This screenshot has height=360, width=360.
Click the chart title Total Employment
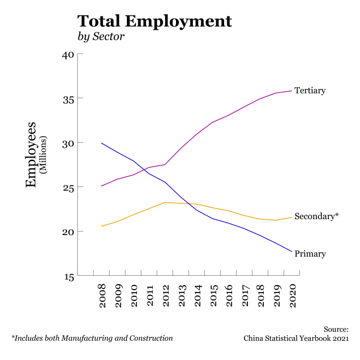154,21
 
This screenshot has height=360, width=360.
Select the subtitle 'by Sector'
101,37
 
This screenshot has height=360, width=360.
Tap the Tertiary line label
310,91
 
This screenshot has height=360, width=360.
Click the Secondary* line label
316,217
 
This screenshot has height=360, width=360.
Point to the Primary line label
310,254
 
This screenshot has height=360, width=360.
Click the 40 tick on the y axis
68,55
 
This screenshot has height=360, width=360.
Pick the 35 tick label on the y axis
68,99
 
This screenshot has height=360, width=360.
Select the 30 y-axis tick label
68,143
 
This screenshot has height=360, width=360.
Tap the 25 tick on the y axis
68,187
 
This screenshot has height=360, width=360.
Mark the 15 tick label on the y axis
68,276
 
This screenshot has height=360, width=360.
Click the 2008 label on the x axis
102,296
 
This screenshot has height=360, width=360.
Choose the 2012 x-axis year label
165,296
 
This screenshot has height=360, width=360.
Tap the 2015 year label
213,296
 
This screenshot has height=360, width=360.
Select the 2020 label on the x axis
293,296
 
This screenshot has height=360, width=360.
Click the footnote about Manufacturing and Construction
92,338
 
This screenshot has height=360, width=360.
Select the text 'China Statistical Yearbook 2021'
296,338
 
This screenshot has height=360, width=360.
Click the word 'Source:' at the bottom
336,329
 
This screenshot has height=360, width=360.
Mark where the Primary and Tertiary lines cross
145,170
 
